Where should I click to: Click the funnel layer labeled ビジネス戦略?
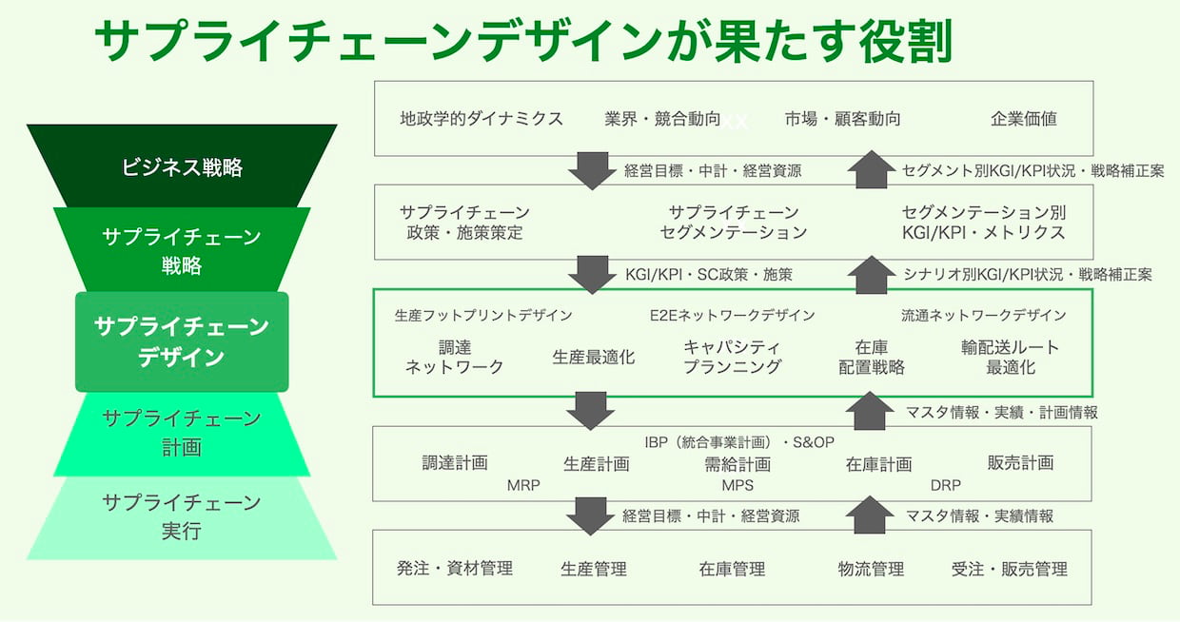point(182,165)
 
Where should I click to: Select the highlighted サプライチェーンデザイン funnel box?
point(182,341)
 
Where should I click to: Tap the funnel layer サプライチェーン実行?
point(182,517)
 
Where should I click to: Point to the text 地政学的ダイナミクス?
point(482,119)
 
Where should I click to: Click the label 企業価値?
point(1024,119)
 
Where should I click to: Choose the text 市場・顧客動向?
point(842,119)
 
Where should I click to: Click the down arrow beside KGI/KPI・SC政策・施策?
point(592,275)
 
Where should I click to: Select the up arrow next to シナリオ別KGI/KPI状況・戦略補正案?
point(872,275)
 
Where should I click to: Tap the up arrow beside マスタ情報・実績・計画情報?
point(869,411)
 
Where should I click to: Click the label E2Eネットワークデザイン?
point(732,316)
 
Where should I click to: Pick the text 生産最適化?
point(593,357)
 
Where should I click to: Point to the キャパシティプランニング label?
point(732,357)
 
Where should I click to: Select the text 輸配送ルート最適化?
point(1011,357)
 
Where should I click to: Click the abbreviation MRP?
point(523,485)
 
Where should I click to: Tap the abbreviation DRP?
point(946,485)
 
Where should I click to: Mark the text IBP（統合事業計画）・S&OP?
point(739,442)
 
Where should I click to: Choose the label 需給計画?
point(737,464)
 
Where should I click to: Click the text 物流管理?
point(871,569)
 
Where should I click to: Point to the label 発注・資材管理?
point(455,569)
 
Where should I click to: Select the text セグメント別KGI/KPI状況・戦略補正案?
point(1032,171)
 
